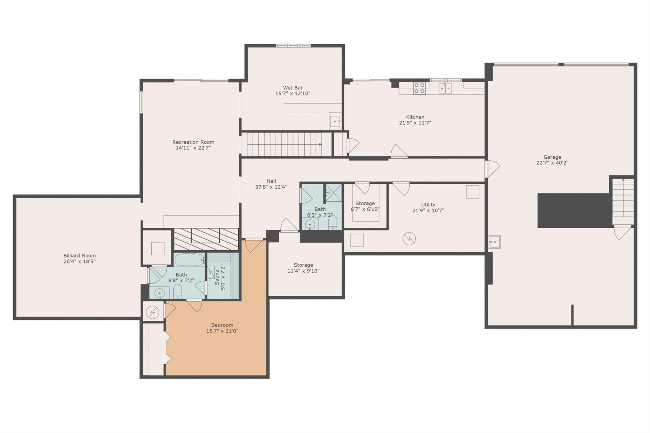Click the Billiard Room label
pos(80,256)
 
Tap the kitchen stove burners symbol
pos(419,88)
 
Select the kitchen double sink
pos(445,88)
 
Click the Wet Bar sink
pos(335,121)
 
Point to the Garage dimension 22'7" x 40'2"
pos(552,163)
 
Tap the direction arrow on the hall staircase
pos(320,144)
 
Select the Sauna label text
pos(217,277)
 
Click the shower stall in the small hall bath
pos(333,193)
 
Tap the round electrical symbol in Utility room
pos(409,239)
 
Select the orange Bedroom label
pos(222,325)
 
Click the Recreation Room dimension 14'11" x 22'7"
pos(193,148)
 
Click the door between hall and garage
pos(490,168)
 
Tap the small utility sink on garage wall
pos(494,242)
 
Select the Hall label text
pos(271,181)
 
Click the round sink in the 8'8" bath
pos(159,293)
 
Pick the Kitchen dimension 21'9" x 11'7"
pos(415,123)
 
